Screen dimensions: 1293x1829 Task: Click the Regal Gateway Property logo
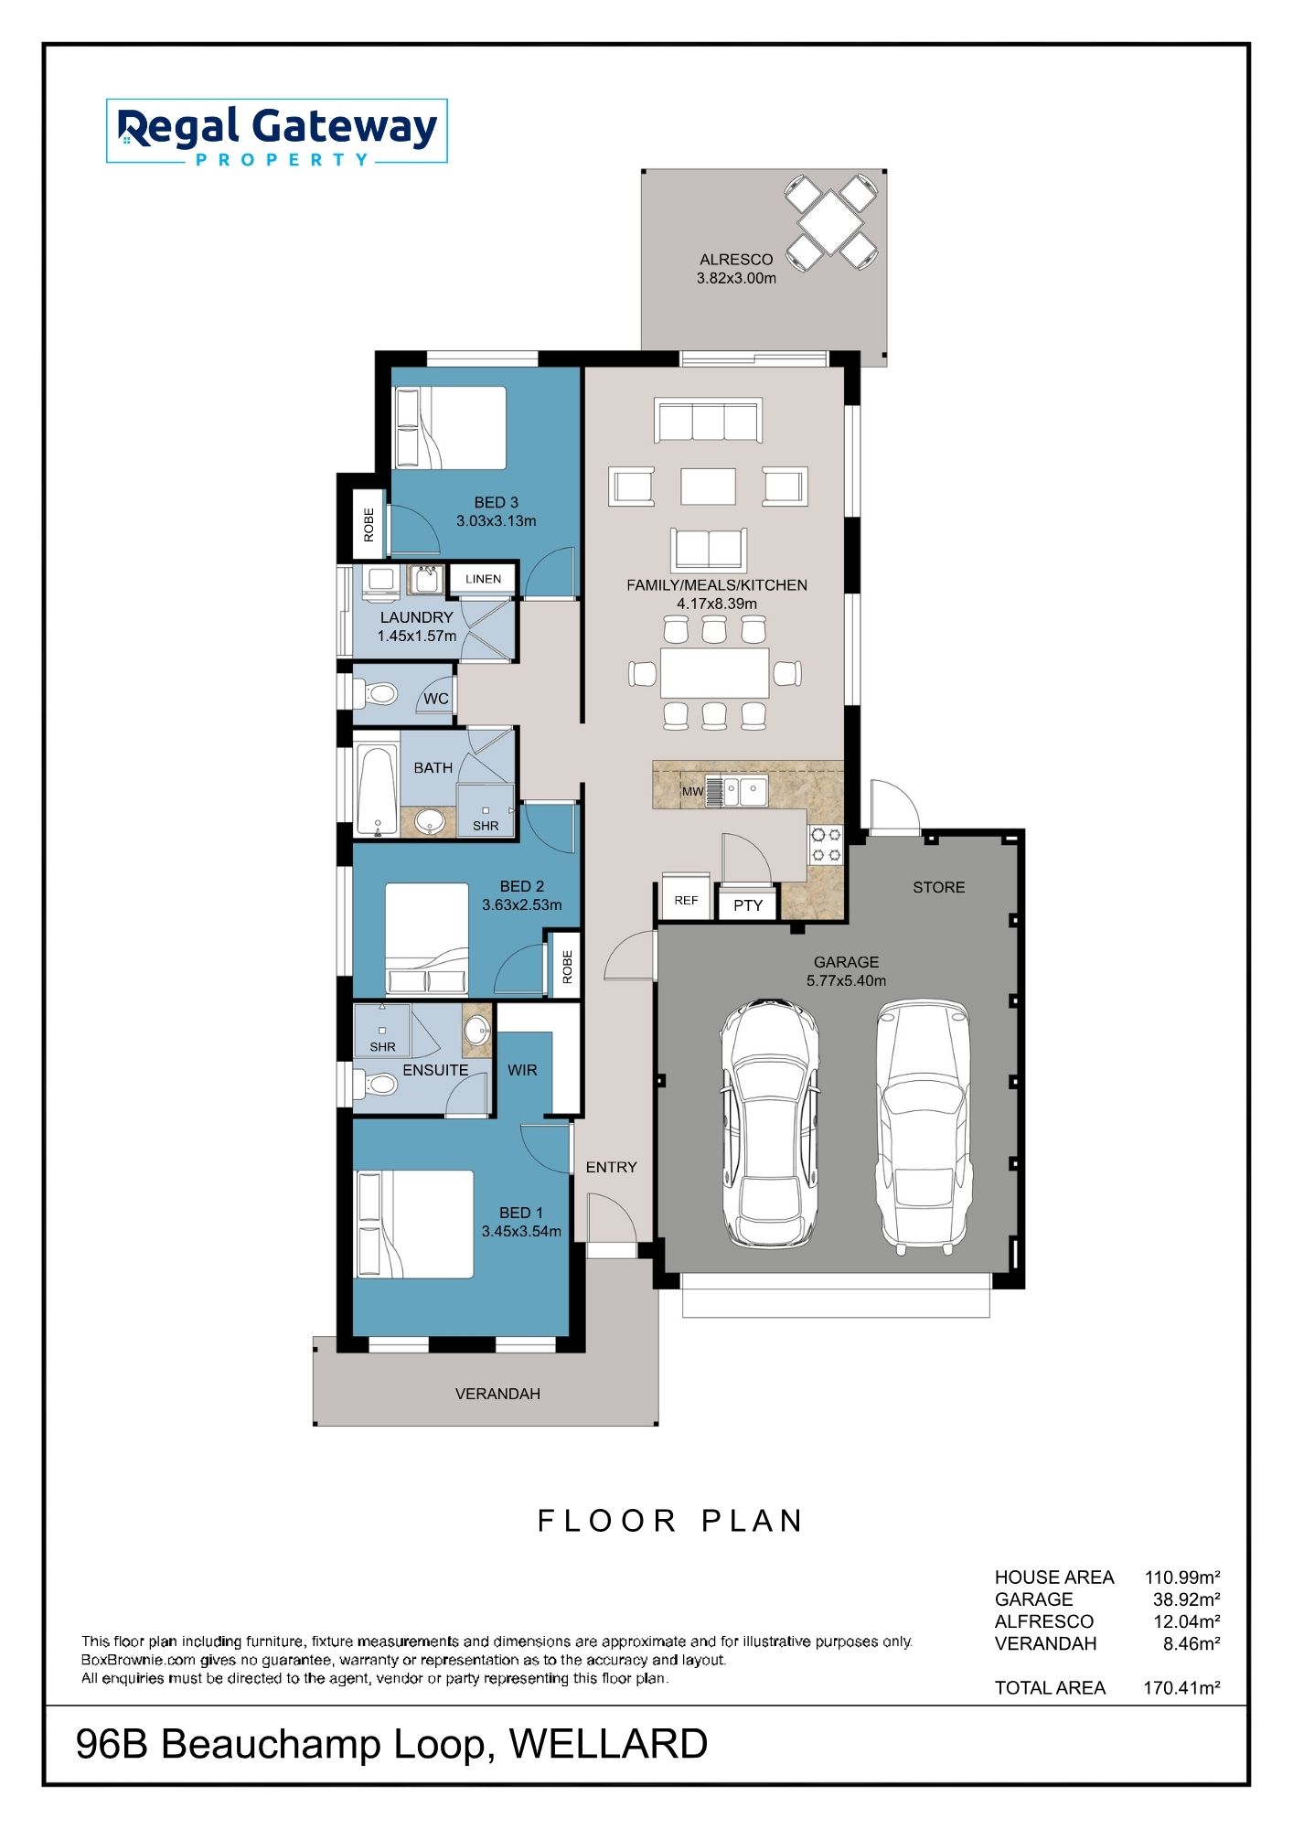[277, 132]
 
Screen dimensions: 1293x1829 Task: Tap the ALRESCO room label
[736, 260]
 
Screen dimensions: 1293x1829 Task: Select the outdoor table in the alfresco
[830, 222]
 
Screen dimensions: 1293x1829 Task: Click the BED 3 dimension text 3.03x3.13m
[497, 521]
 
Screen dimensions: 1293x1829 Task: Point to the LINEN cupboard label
[483, 579]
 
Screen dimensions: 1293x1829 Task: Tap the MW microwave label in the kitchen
[692, 792]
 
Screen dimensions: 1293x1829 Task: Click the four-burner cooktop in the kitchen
[827, 845]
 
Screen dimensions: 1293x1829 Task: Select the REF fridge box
[686, 901]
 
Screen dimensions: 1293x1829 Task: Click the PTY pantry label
[748, 905]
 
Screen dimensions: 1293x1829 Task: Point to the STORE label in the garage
[938, 887]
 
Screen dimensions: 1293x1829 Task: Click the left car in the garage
[770, 1124]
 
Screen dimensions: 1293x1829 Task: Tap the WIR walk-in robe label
[522, 1070]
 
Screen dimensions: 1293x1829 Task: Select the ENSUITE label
[435, 1070]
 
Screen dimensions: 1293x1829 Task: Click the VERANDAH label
[497, 1394]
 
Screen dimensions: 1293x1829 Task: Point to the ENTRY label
[611, 1167]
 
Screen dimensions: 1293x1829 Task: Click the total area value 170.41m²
[1181, 1687]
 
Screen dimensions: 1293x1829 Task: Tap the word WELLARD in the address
[608, 1744]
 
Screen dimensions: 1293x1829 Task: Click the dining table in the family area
[715, 673]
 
